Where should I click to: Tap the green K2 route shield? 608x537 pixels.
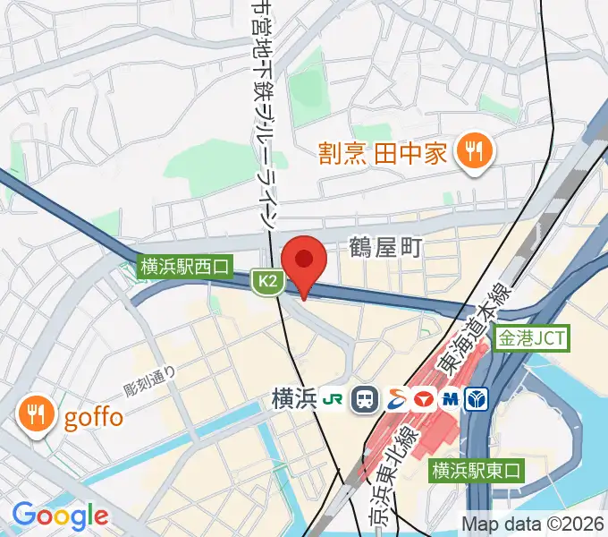[x=267, y=282]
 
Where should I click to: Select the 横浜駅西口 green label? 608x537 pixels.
[x=185, y=266]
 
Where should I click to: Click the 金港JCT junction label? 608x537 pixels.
[x=533, y=339]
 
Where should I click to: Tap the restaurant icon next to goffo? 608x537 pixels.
[x=37, y=414]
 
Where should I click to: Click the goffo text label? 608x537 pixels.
[x=93, y=416]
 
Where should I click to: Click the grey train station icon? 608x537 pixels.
[x=364, y=399]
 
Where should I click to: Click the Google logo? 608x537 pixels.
[x=60, y=516]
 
